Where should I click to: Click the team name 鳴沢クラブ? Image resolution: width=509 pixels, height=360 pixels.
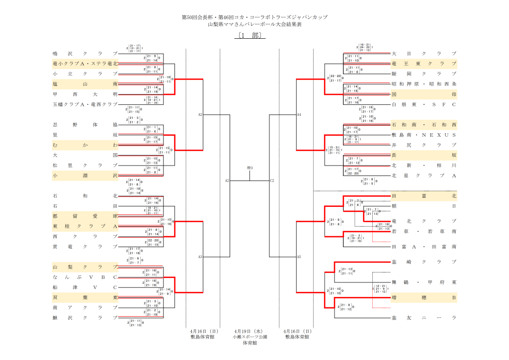click(85, 53)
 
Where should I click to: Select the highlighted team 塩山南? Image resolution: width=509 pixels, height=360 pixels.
click(85, 84)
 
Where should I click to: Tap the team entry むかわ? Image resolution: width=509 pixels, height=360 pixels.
click(85, 145)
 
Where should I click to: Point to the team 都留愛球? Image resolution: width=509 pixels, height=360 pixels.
click(85, 216)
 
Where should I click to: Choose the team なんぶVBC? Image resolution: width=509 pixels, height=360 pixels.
click(85, 277)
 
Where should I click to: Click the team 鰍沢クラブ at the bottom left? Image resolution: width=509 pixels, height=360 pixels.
click(85, 317)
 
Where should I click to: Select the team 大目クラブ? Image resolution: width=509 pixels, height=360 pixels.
click(424, 53)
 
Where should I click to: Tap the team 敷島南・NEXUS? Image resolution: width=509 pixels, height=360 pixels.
click(424, 135)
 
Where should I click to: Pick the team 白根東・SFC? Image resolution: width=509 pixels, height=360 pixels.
click(424, 104)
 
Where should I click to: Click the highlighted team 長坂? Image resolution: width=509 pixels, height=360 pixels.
click(424, 155)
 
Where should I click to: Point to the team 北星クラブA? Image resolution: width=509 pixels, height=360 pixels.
click(424, 175)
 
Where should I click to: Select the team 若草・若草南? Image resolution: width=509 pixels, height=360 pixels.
click(424, 232)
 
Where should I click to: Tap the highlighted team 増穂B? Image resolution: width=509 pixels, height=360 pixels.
click(424, 297)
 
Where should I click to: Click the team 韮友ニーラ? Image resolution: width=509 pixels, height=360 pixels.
click(424, 317)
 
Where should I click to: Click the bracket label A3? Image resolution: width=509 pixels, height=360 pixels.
click(200, 257)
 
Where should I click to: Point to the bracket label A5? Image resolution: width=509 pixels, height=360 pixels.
click(299, 257)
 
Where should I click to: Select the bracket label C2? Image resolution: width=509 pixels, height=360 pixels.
click(272, 180)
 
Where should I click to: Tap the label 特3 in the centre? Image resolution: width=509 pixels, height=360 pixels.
click(250, 168)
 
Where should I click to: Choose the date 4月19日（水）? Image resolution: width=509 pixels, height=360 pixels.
click(250, 331)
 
